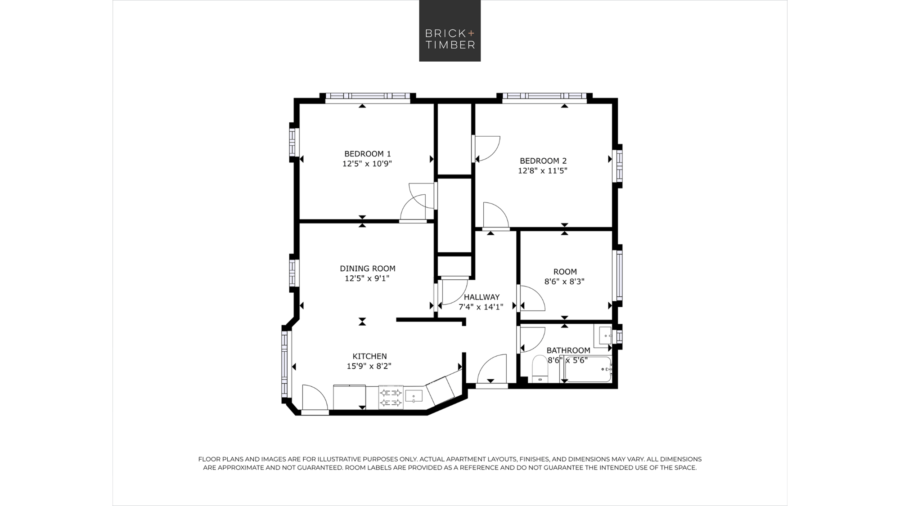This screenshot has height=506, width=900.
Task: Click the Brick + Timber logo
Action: tap(450, 31)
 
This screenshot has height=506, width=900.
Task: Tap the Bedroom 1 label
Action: tap(368, 154)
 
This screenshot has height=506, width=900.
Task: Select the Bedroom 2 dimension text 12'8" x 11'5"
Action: tap(543, 171)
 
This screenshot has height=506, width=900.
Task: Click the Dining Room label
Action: tap(368, 269)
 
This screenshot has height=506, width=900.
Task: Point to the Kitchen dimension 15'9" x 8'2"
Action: tap(369, 366)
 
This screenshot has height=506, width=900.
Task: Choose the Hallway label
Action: tap(481, 297)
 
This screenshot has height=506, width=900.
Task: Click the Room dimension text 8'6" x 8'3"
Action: tap(564, 282)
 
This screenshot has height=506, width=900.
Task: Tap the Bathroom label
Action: tap(568, 350)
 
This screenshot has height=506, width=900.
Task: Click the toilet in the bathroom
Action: tap(540, 369)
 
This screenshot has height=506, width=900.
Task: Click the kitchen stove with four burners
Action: tap(391, 397)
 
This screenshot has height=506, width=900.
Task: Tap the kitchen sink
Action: tap(414, 396)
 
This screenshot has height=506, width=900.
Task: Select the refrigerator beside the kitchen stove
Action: tap(349, 397)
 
